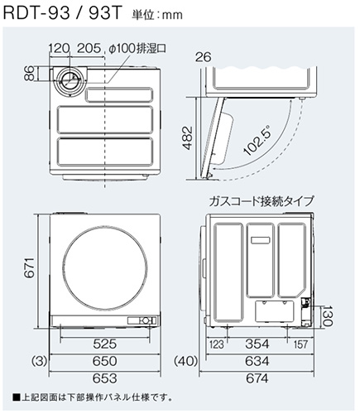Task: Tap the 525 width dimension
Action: pos(103,343)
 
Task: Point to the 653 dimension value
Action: pos(103,378)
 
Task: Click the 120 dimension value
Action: pos(58,49)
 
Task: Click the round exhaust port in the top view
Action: pos(71,81)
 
